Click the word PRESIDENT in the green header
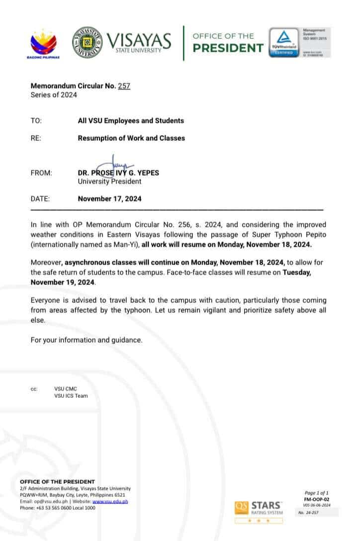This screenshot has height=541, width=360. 228,48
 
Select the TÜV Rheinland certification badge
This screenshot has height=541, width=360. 284,43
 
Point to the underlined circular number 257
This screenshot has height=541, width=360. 124,86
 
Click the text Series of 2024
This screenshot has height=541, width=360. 54,95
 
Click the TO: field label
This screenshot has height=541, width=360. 36,121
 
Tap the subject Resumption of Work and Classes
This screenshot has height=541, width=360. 131,138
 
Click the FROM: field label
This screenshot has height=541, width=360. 41,173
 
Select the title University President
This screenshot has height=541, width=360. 109,181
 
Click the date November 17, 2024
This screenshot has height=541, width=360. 109,199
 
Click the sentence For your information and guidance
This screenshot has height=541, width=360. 87,340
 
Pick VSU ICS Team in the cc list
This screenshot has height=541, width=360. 71,396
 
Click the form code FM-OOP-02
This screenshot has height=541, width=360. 317,499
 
